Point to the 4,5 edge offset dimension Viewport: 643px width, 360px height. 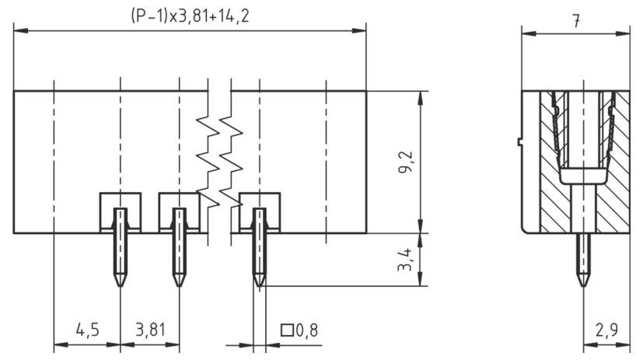pos(86,330)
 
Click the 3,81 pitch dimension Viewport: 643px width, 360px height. pos(150,330)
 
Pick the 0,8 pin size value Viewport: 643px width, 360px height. pos(306,330)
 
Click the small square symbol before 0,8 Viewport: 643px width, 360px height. pos(286,330)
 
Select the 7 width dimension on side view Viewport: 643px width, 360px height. pos(575,20)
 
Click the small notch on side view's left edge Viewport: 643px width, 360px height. pos(519,142)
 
